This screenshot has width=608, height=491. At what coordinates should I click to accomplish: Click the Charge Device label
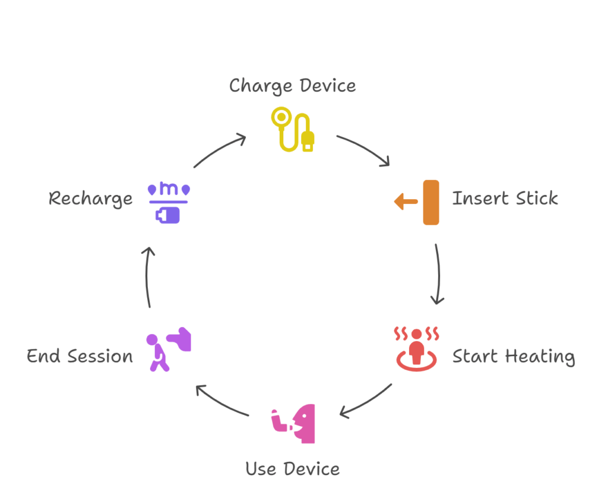point(293,86)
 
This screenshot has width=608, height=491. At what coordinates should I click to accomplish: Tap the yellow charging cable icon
point(293,129)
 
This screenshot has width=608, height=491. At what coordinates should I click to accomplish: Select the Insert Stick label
point(505,198)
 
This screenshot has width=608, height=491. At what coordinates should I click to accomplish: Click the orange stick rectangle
point(431,202)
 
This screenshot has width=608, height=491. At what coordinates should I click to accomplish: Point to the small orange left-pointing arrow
point(406,202)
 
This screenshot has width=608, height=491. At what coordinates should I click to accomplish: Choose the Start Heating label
point(514,357)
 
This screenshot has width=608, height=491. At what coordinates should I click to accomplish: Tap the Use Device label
point(293,468)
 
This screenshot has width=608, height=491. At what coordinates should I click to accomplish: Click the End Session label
point(80,357)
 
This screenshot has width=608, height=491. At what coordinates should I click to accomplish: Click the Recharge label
point(91,198)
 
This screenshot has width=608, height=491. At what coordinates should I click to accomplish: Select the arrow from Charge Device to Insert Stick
point(364,149)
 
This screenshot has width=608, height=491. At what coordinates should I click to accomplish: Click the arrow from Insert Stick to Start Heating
point(439,273)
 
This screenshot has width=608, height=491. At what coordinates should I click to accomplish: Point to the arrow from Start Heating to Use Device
point(366,401)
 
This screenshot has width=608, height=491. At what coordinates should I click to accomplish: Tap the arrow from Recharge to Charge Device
point(220,150)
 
